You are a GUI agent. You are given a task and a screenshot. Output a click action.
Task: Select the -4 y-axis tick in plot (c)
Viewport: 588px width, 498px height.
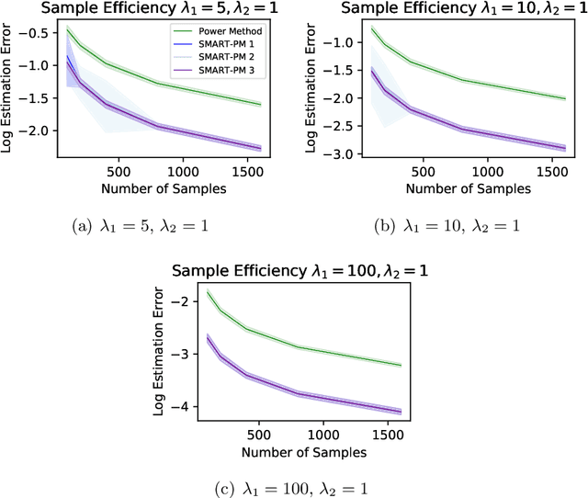click(187, 406)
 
